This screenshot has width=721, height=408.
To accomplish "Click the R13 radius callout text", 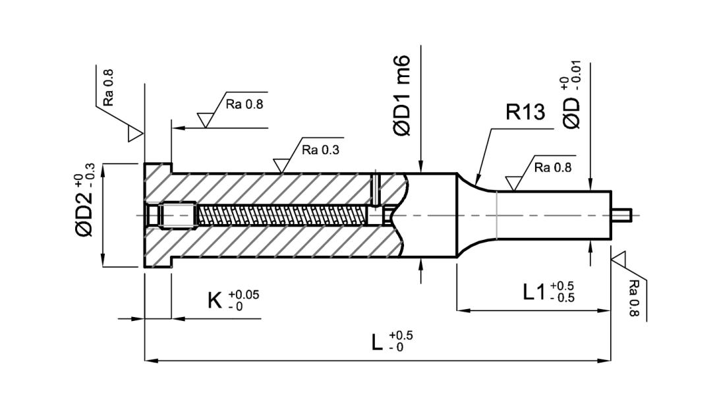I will point(525,112).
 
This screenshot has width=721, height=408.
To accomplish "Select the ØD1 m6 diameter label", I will point(403,96).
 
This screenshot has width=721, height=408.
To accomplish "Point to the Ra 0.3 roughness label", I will point(320,149).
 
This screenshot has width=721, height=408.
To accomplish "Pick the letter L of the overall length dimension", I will point(377,342).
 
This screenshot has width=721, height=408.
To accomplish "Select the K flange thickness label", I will point(215,301).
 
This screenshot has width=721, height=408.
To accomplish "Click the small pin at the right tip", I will point(622,214).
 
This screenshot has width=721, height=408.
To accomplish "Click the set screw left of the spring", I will point(177,215).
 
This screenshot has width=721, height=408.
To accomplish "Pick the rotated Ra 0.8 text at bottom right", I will point(634,297).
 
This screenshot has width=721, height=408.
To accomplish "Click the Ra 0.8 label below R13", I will point(553,167).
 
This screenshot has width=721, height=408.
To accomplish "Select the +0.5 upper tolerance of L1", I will point(562,285).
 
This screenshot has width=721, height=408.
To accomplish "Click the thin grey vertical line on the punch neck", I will point(496,214).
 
